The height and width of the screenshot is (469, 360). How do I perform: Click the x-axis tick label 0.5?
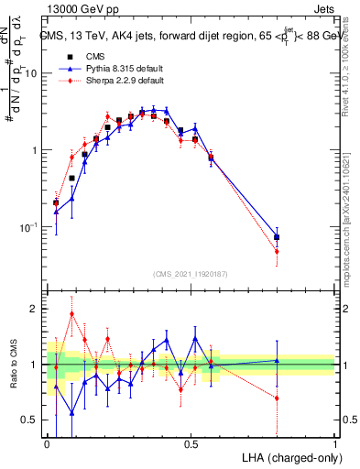pos(191,442)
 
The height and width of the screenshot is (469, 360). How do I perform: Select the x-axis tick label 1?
pos(335,442)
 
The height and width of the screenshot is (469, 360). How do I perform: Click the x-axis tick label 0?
pos(47,442)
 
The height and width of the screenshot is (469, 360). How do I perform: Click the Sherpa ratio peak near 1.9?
pos(71,313)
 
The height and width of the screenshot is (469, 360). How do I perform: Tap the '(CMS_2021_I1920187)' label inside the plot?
pos(191,273)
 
